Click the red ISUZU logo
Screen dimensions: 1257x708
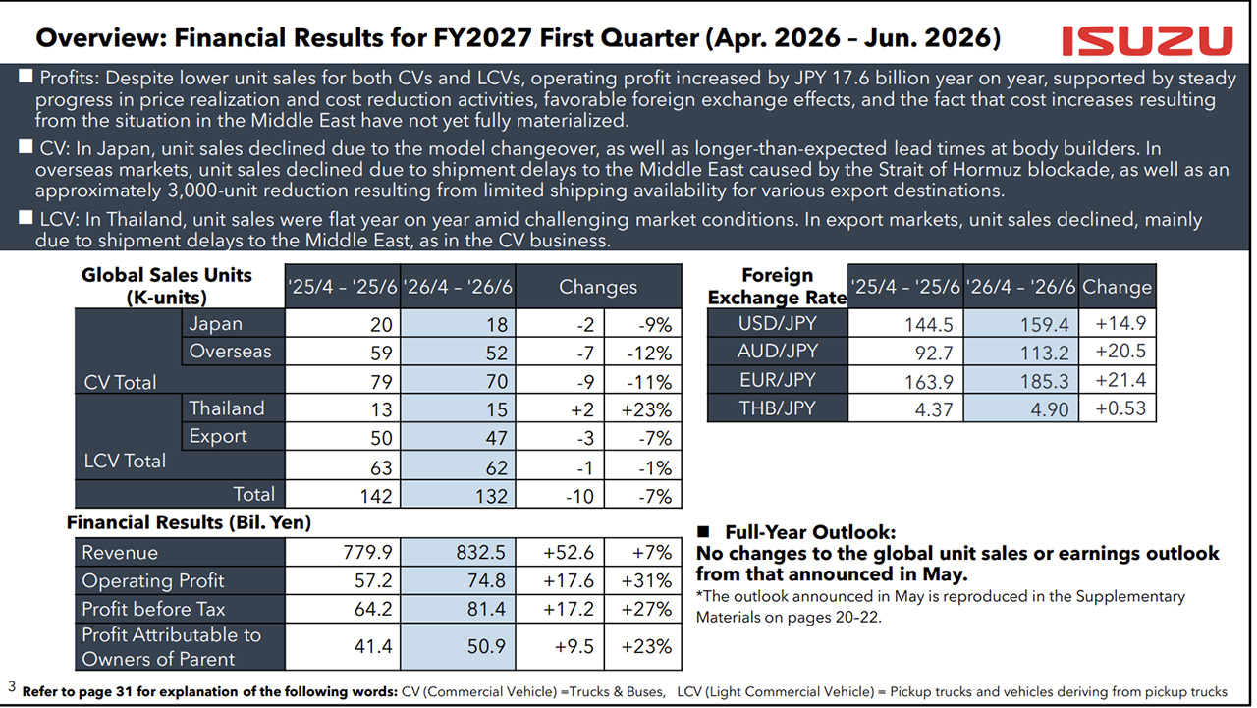1147,41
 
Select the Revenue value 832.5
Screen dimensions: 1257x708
480,553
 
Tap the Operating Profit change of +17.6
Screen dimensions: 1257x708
569,580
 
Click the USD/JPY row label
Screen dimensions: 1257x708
777,323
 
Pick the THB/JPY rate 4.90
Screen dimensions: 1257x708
1050,408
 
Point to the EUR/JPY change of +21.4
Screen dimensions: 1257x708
1120,380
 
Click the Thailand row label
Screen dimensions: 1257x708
227,408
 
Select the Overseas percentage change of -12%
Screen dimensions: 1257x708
649,353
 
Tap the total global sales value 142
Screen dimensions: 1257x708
376,496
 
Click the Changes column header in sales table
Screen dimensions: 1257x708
598,287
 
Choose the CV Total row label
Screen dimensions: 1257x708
120,382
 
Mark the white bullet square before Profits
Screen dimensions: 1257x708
26,76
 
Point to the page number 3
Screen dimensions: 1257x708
12,686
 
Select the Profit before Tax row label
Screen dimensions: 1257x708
153,609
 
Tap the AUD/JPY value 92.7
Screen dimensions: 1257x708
934,353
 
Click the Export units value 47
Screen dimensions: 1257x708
497,438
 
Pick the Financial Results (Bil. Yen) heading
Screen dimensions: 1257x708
189,522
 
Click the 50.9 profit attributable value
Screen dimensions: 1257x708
486,646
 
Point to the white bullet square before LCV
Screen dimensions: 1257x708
26,217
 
